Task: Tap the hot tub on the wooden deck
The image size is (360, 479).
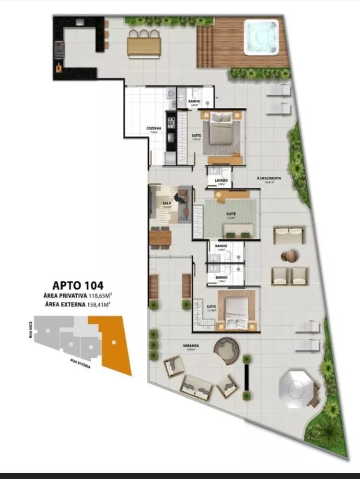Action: [261, 36]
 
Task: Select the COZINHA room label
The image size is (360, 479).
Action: [153, 128]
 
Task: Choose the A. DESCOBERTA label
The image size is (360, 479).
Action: [269, 178]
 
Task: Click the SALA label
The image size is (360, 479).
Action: [167, 203]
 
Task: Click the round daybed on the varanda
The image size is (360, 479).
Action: [226, 351]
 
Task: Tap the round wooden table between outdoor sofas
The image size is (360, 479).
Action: [289, 256]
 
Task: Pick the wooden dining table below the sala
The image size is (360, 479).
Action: [160, 238]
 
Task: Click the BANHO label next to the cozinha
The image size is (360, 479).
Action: [194, 102]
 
